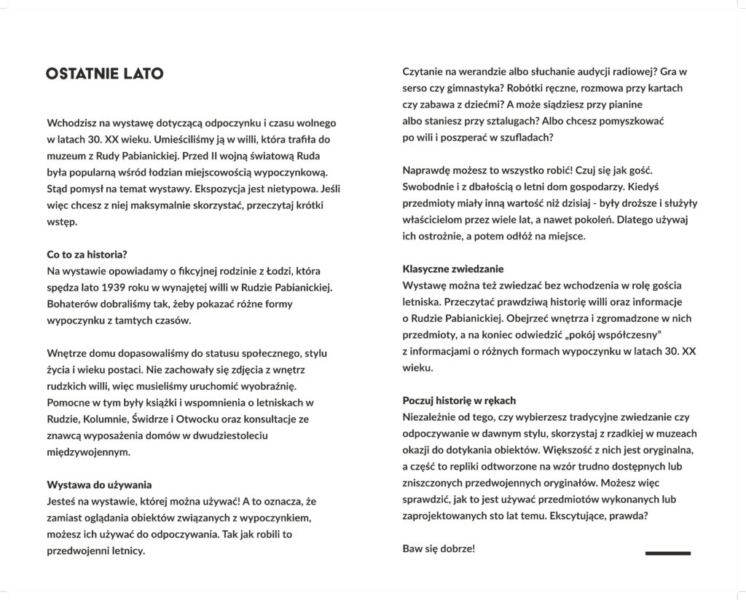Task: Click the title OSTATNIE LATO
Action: pos(104,74)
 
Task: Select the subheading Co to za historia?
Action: pos(87,254)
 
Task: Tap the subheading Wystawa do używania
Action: pos(99,484)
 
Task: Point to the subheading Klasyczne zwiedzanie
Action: pos(452,269)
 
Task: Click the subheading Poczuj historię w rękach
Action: pos(459,400)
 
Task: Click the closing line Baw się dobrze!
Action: pos(439,548)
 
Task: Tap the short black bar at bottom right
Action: pos(667,553)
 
